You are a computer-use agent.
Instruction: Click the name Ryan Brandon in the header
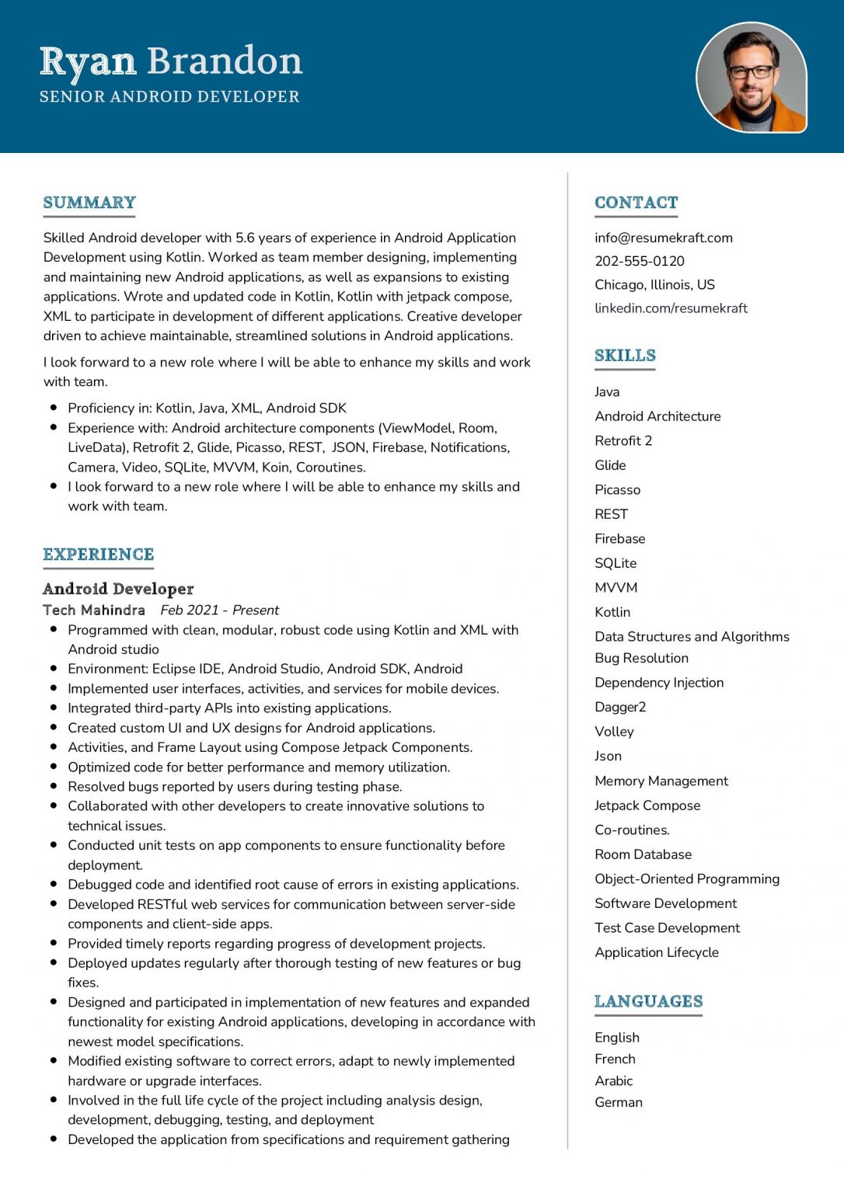tap(171, 61)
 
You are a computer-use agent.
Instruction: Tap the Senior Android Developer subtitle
tap(169, 97)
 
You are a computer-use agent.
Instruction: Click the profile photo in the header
tap(751, 77)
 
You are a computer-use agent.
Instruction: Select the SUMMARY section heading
tap(89, 203)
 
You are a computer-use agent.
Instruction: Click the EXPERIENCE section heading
tap(99, 555)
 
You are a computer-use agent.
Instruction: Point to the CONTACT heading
tap(636, 203)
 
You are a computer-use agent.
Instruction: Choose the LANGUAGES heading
tap(648, 1001)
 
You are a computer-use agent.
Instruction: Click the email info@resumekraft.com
tap(663, 238)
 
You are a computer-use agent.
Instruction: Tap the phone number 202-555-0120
tap(639, 261)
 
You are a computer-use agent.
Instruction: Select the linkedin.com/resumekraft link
tap(671, 308)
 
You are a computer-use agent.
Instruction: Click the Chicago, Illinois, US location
tap(654, 284)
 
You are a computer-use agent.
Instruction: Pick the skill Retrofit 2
tap(623, 441)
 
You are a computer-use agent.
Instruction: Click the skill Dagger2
tap(620, 707)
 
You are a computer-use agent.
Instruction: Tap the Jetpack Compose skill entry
tap(647, 805)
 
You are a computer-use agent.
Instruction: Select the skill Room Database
tap(643, 854)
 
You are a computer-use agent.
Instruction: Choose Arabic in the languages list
tap(613, 1080)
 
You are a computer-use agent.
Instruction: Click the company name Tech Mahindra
tap(94, 610)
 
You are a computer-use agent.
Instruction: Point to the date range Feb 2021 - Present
tap(219, 610)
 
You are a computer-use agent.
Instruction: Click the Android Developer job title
tap(118, 589)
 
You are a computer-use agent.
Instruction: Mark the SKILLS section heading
tap(625, 356)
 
